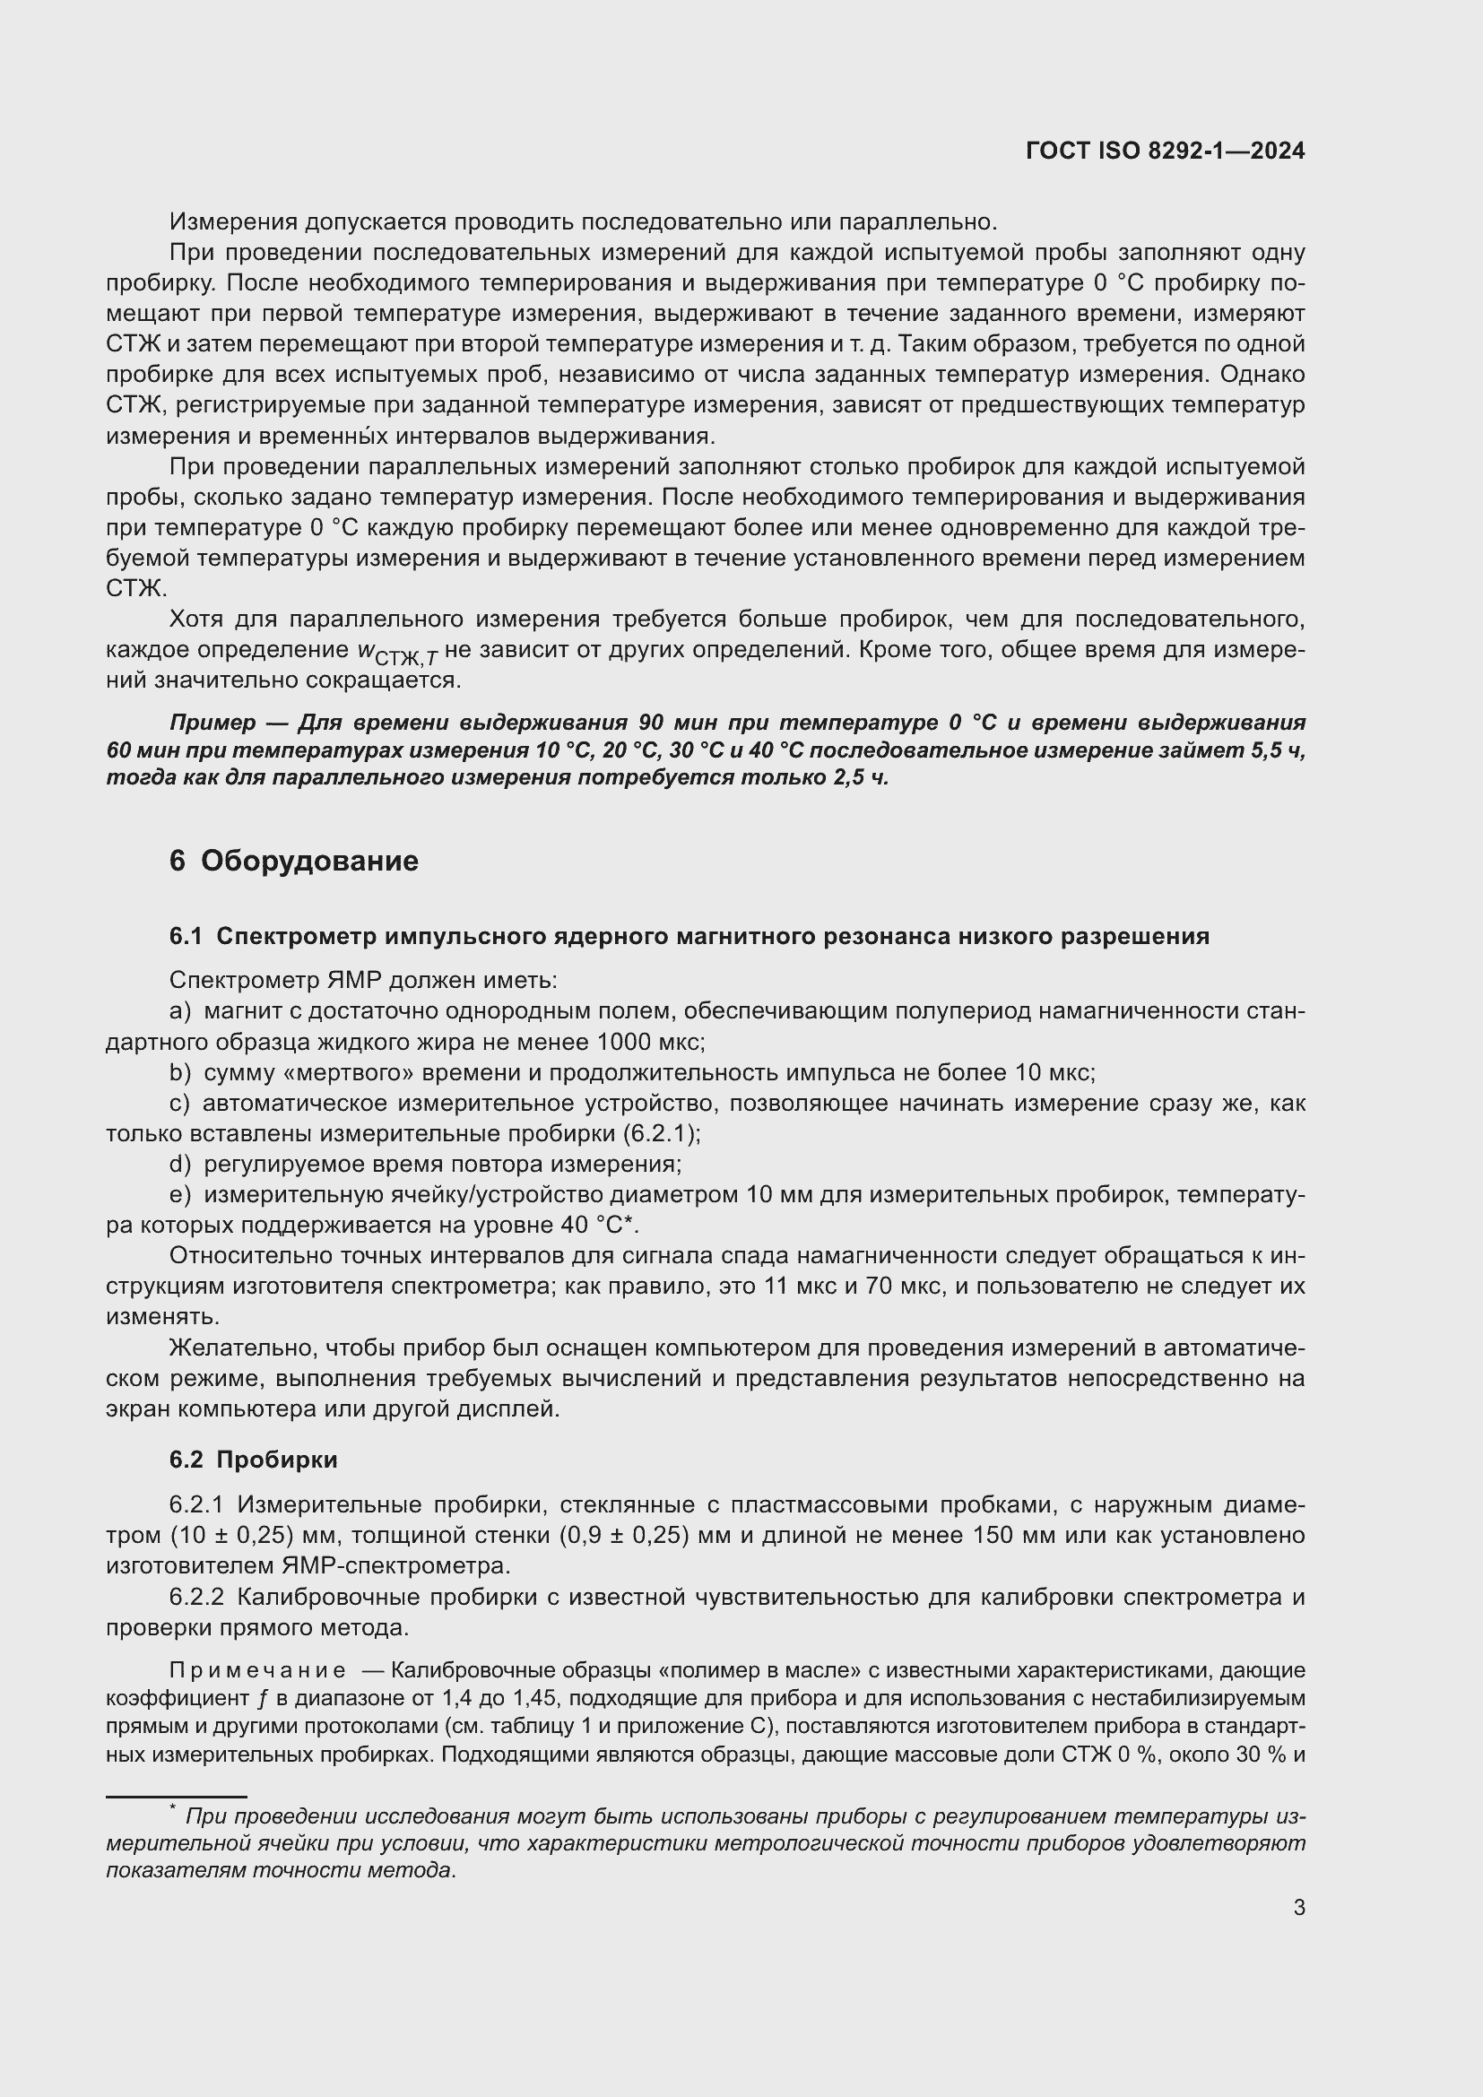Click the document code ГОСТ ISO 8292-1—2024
[x=1166, y=152]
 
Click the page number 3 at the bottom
[x=1298, y=1907]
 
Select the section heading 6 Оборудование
[x=293, y=861]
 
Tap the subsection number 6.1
[x=186, y=936]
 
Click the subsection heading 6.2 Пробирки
[x=253, y=1460]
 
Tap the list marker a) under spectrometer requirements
[x=180, y=1012]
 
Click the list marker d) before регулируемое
[x=180, y=1165]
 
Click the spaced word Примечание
[x=257, y=1670]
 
